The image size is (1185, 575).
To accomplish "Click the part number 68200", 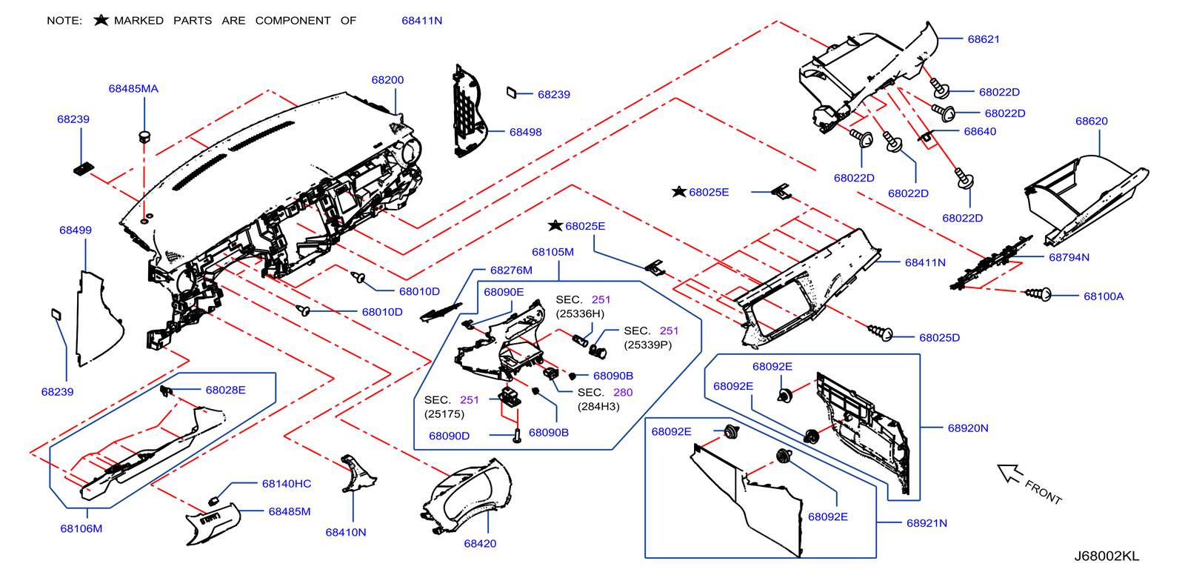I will click(387, 80).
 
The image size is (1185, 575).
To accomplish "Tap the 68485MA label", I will click(133, 89).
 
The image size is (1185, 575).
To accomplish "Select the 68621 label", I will click(984, 39).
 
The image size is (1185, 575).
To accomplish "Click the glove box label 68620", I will click(1091, 122).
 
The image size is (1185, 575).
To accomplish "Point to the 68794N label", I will click(1069, 258).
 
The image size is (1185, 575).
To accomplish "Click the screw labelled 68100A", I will click(1038, 294).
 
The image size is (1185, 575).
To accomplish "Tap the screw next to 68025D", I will click(881, 333).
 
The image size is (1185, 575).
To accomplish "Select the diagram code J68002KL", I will click(1106, 556).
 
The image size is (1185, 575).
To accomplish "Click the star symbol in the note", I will click(101, 20).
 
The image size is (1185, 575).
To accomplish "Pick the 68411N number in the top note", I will click(421, 21).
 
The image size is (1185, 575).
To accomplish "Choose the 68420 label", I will click(480, 544).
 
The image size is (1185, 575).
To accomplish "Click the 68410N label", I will click(346, 533).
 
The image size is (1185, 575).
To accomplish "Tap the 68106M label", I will click(81, 529).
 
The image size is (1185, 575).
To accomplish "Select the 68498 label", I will click(525, 133).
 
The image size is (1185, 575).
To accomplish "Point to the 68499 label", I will click(76, 230).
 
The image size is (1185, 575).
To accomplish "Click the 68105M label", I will click(553, 253).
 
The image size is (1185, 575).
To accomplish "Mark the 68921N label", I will click(927, 523).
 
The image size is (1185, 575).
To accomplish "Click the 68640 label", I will click(980, 132).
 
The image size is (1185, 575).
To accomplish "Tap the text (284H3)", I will click(598, 407).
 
